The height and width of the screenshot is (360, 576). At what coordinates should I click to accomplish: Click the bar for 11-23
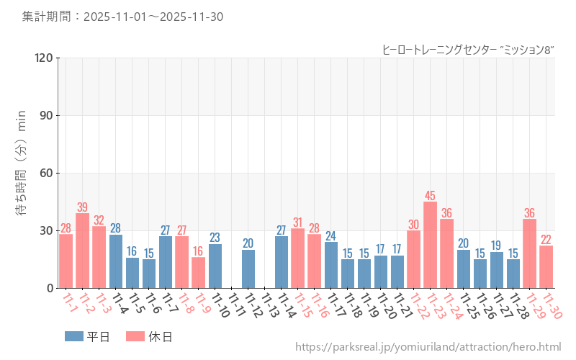click(431, 245)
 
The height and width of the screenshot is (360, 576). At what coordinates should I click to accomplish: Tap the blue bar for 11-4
click(116, 261)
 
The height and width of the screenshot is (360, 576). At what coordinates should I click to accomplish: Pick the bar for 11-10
click(215, 266)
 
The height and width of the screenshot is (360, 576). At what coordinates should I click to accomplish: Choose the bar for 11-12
click(248, 269)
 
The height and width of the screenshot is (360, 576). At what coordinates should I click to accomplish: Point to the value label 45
click(431, 196)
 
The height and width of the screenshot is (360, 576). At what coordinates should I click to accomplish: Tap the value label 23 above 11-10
click(215, 238)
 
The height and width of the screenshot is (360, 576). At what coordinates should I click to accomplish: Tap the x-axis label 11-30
click(551, 305)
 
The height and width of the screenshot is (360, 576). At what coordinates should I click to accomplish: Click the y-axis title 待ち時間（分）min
click(21, 173)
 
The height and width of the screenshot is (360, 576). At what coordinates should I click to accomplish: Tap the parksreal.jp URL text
click(428, 348)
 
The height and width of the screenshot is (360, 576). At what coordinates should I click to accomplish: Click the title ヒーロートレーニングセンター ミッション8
click(468, 50)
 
